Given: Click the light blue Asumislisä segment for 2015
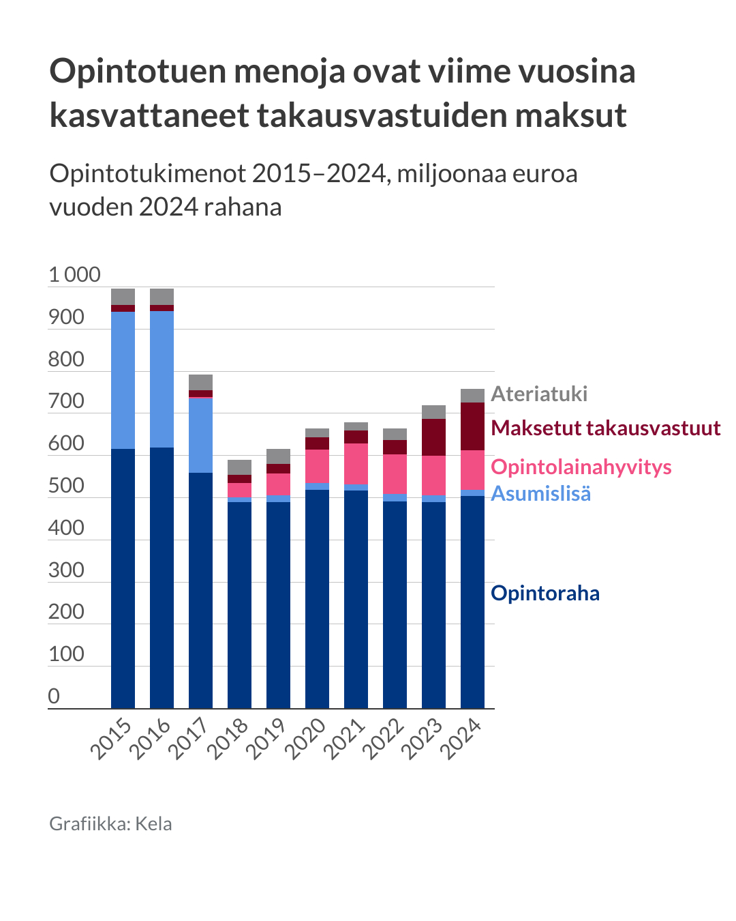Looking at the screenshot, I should (x=123, y=379).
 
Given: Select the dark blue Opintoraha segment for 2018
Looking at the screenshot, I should (x=239, y=604).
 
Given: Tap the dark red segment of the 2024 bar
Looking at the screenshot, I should (x=472, y=426).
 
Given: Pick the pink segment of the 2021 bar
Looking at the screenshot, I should (x=356, y=463).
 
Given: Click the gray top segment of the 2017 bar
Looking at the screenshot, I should (x=200, y=382).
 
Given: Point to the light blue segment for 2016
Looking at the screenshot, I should (x=162, y=379).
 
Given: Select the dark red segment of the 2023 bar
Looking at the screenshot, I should (x=433, y=437).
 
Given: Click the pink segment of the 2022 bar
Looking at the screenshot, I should (x=395, y=473).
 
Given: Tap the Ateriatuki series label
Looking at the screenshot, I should (x=539, y=394).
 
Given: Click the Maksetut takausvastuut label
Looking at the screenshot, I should (x=605, y=428).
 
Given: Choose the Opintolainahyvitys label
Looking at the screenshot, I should (x=581, y=467).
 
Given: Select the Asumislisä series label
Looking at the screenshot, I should (x=540, y=493).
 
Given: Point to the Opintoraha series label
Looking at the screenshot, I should (x=545, y=593).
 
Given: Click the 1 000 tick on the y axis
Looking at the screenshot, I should (x=74, y=275).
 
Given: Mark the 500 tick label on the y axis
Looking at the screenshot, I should (x=66, y=486).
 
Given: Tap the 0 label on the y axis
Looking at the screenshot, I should (x=54, y=696).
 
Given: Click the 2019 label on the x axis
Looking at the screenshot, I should (x=266, y=740).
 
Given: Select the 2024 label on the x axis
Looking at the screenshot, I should (x=461, y=740).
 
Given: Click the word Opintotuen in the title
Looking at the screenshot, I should (x=137, y=71).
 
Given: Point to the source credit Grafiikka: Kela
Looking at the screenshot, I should (x=110, y=823).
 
